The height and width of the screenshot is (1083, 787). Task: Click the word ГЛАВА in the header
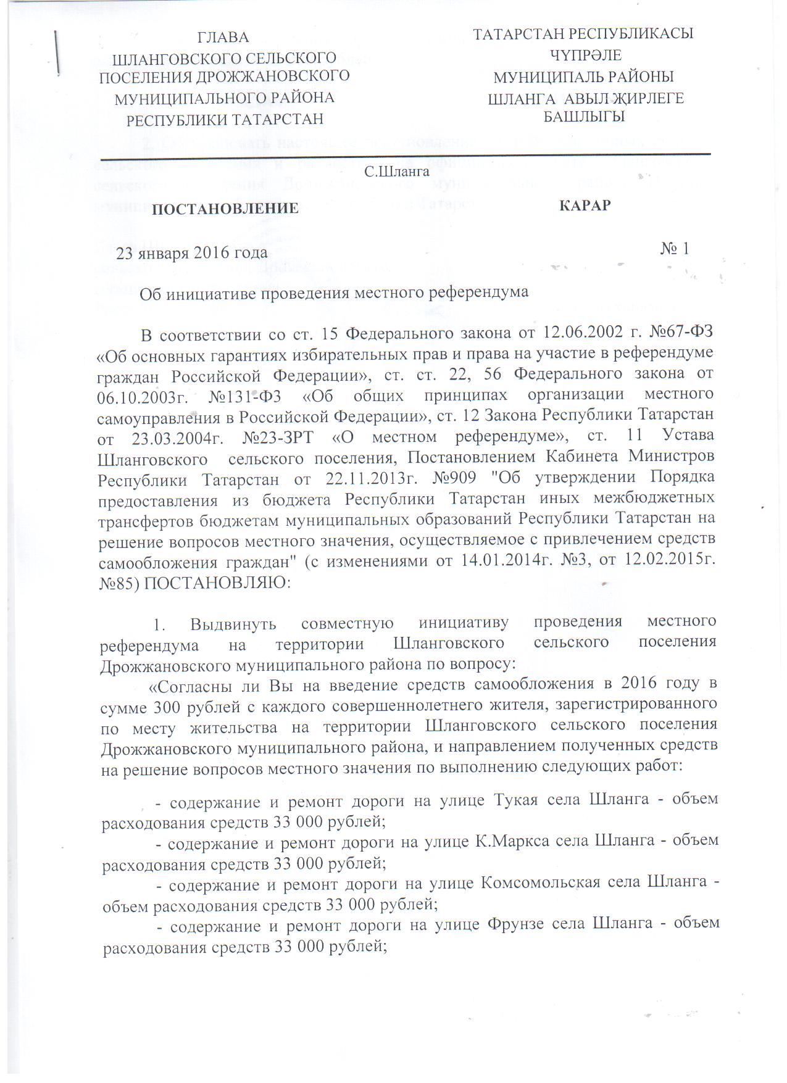pos(223,38)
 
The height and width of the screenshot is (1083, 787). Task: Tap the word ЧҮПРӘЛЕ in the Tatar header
pos(586,56)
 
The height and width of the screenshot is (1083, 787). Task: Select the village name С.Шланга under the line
pos(396,172)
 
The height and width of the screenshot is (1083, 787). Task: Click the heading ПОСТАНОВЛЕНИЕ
pos(225,209)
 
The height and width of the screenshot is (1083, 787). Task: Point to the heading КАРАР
pos(585,205)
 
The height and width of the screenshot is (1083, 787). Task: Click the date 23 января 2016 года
pos(192,253)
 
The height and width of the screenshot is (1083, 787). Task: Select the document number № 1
pos(675,249)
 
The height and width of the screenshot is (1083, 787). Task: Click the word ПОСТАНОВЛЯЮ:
pos(217,583)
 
